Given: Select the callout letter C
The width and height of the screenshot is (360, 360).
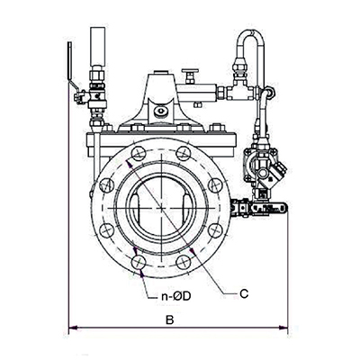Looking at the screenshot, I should coord(244,293).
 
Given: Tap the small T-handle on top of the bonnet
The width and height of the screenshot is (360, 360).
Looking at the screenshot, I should coord(190,75).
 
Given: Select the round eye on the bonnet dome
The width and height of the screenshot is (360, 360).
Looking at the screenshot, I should coord(161,110).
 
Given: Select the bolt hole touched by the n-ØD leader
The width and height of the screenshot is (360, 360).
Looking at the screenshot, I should coord(137,260).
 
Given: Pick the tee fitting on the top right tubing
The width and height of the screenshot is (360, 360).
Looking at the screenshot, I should coord(237,87).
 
